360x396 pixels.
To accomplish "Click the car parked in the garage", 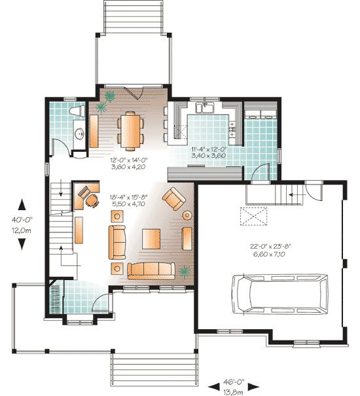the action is [280, 295].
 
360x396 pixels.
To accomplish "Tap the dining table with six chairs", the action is [130, 131].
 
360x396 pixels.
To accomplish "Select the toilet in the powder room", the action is [78, 111].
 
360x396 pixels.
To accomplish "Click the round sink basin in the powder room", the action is [80, 133].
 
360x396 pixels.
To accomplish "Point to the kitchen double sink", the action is [205, 108].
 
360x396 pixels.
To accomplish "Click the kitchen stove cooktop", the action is [232, 130].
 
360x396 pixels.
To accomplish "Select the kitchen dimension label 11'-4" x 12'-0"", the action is [208, 149].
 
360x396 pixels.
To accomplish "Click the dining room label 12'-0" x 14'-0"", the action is [128, 160].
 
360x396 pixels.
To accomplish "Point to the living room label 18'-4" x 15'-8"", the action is [128, 197].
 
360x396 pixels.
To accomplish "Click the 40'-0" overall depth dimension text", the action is [22, 220].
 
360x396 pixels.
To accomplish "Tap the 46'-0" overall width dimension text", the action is [234, 382].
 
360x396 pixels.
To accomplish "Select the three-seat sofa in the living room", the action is [151, 271].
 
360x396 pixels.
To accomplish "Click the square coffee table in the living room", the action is [151, 239].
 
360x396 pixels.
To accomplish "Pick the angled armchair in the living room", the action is [174, 199].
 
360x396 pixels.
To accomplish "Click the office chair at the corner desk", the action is [92, 200].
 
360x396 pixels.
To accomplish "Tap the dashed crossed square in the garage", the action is [254, 216].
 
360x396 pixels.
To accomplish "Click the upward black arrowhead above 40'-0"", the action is [22, 205].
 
